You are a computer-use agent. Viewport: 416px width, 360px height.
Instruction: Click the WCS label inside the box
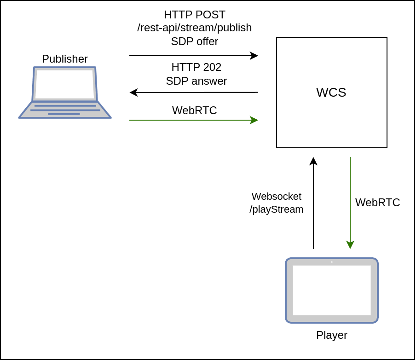[x=331, y=93]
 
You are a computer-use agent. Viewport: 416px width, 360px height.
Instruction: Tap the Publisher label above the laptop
[x=65, y=59]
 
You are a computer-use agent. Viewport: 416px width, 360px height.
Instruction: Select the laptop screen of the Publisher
[x=64, y=84]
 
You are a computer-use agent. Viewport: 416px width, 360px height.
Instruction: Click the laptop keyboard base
[x=65, y=110]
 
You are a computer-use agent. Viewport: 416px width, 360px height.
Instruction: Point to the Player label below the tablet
[x=331, y=335]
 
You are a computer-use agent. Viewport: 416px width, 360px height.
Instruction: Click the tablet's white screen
[x=331, y=290]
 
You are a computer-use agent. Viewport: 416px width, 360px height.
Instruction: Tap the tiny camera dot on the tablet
[x=331, y=262]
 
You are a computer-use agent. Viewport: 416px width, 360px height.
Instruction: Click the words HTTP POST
[x=194, y=15]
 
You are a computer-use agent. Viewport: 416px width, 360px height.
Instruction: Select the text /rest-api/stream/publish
[x=194, y=28]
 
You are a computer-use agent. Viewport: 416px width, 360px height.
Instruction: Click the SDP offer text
[x=194, y=41]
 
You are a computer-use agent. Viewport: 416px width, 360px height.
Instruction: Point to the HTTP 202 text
[x=196, y=67]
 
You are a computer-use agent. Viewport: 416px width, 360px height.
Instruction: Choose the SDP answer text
[x=196, y=81]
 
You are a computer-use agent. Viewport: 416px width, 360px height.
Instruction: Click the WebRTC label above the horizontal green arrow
[x=194, y=110]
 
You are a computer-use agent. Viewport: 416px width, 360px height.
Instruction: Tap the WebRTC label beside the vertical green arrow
[x=377, y=203]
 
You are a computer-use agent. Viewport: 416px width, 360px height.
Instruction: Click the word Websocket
[x=277, y=197]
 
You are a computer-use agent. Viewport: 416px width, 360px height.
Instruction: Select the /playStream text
[x=277, y=209]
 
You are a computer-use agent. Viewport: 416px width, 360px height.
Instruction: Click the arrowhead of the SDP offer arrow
[x=254, y=56]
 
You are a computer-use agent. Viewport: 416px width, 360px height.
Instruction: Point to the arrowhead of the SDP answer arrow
[x=133, y=93]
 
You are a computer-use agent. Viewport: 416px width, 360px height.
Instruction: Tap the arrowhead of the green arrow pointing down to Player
[x=350, y=245]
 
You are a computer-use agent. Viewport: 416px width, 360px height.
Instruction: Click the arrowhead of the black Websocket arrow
[x=313, y=161]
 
